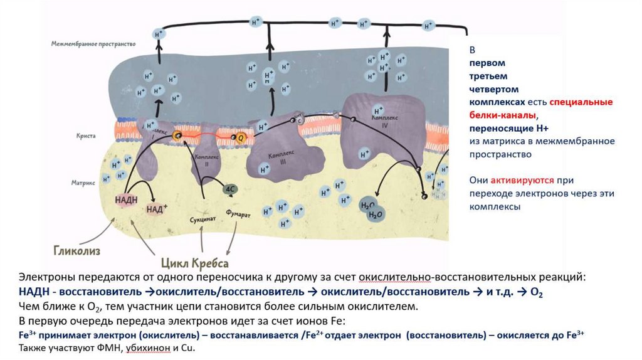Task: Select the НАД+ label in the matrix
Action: pyautogui.click(x=157, y=209)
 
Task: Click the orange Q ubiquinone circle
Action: pyautogui.click(x=238, y=137)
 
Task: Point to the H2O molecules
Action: pyautogui.click(x=371, y=209)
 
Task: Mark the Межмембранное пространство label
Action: pyautogui.click(x=93, y=44)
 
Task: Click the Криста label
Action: pyautogui.click(x=85, y=135)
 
